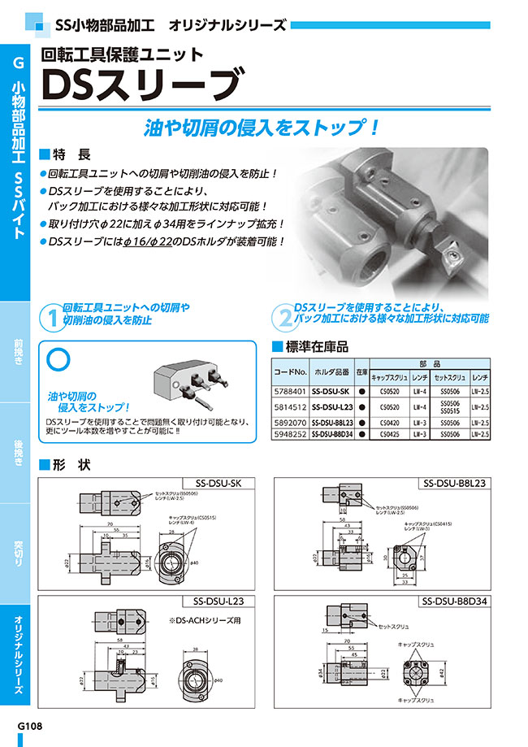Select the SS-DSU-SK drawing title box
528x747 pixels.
coord(220,483)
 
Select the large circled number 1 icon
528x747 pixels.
coord(51,316)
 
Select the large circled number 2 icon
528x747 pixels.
coord(284,316)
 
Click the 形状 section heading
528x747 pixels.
coord(73,466)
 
